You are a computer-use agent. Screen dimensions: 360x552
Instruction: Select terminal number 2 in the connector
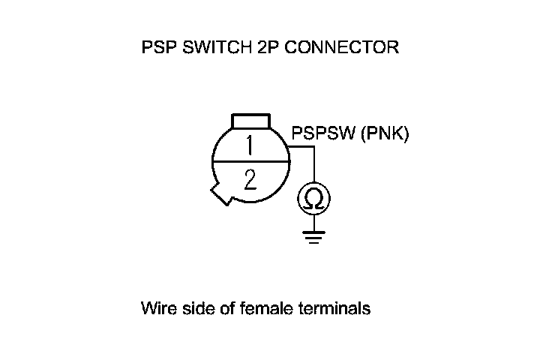pyautogui.click(x=250, y=180)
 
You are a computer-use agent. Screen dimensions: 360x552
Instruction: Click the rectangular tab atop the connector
pyautogui.click(x=250, y=121)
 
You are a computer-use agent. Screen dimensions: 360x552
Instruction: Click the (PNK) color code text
pyautogui.click(x=384, y=135)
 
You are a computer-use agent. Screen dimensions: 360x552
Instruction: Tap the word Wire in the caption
pyautogui.click(x=155, y=308)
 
